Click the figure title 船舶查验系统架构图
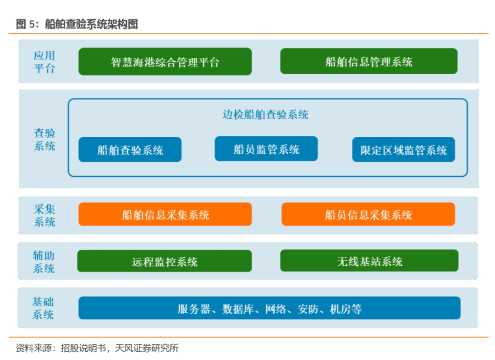(92, 24)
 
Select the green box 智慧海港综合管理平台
(165, 61)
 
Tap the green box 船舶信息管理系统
(368, 61)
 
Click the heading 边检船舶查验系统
(265, 114)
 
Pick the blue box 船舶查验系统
(130, 150)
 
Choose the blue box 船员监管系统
(266, 149)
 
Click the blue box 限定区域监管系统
(403, 150)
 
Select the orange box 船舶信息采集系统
(165, 215)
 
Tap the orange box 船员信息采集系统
(368, 215)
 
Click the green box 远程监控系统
(165, 261)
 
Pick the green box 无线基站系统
(369, 260)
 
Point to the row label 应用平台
(44, 62)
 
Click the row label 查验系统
(44, 139)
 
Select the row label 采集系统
(44, 216)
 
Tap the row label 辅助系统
(44, 262)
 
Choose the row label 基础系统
(43, 308)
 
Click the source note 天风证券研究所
(147, 348)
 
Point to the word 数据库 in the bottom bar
(238, 309)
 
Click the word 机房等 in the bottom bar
(346, 309)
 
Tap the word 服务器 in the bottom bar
(193, 309)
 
